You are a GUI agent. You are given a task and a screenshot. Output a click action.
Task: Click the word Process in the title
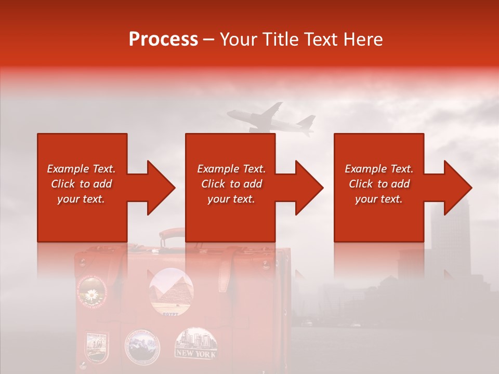(163, 39)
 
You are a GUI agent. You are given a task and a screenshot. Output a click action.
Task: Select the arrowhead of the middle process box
(308, 188)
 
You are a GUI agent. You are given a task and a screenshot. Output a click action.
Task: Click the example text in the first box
(81, 184)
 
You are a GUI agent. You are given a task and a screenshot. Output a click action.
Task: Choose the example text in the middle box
(231, 184)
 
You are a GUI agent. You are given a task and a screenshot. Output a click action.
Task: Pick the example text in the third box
(379, 184)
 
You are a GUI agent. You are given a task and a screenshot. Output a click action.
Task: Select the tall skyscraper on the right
(450, 234)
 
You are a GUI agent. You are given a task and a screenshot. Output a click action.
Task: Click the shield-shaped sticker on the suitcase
(97, 346)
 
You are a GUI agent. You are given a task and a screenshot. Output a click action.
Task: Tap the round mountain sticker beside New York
(143, 345)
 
